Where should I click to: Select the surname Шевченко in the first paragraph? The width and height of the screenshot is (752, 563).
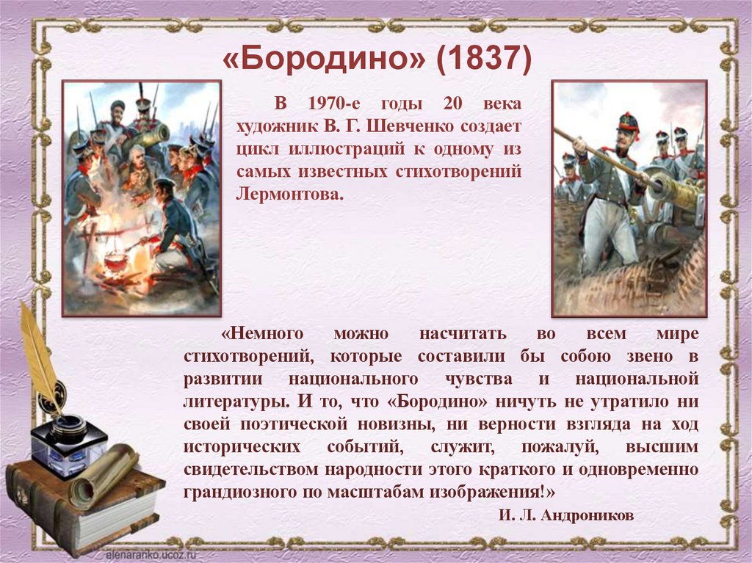414,126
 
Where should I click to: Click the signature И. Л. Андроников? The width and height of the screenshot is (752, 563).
565,515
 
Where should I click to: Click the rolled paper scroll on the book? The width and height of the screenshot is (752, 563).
102,474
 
